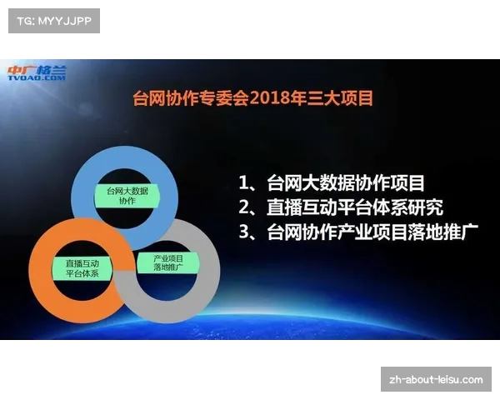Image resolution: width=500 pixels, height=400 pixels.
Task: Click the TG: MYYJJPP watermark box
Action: coord(53,20)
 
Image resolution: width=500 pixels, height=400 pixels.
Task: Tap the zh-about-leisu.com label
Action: coord(436,380)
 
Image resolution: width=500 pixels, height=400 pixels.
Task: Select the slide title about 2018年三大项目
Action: coord(253,97)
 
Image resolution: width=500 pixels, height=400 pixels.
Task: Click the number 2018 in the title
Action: coord(274,97)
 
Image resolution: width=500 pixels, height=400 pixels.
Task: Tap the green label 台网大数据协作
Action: coord(127,196)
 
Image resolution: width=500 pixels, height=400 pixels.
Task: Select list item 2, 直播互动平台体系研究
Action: coord(341,207)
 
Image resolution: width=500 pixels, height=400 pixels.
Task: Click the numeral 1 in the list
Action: coord(243,182)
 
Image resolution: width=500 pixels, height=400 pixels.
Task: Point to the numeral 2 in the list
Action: coord(244,207)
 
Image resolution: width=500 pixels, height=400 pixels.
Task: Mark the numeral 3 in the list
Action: coord(244,232)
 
